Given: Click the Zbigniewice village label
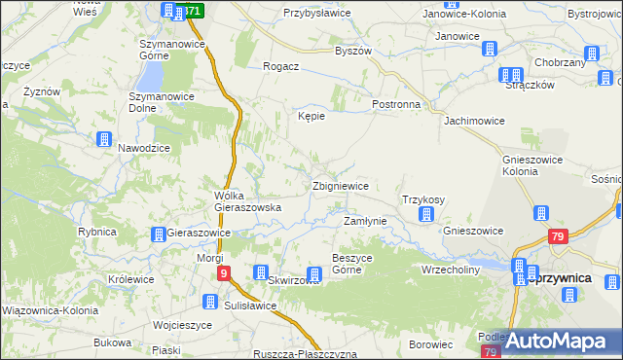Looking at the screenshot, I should [x=340, y=186].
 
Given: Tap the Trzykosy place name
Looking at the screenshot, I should [x=423, y=199].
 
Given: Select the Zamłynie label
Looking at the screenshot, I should [x=366, y=221].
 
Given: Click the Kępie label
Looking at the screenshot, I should [x=311, y=115].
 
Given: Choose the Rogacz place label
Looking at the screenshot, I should [x=280, y=66].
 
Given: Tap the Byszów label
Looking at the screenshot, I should [x=353, y=51].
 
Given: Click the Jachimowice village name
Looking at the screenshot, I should [x=474, y=122].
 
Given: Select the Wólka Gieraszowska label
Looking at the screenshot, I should [x=248, y=200].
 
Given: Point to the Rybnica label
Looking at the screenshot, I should [x=97, y=232].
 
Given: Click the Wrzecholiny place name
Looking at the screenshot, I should [x=451, y=269].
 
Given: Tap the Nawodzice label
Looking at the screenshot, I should [x=144, y=147].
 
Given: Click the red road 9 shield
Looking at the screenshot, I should [x=224, y=274].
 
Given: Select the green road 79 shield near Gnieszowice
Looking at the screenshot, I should [x=558, y=236].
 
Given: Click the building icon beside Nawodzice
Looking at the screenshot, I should [x=103, y=140].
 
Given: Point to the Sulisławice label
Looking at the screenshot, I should [x=248, y=305].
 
